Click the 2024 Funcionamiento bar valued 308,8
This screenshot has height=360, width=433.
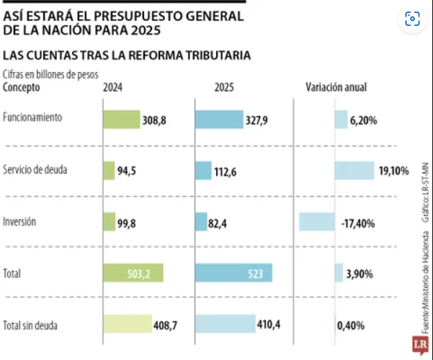click(x=121, y=120)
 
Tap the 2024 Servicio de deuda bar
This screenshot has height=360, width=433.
click(x=109, y=171)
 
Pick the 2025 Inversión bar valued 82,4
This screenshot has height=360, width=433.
click(x=201, y=222)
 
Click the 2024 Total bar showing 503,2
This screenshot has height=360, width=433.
click(x=133, y=274)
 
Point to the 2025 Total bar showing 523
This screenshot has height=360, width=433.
click(x=234, y=274)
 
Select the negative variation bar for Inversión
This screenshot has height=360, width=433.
click(x=316, y=222)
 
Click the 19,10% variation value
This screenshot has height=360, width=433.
click(x=393, y=171)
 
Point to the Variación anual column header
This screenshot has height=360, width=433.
click(x=336, y=88)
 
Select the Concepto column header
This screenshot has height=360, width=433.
click(x=22, y=88)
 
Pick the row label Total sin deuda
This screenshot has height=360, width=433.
click(x=30, y=325)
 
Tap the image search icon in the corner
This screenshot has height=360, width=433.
click(x=413, y=19)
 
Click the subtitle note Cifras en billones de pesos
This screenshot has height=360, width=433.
click(x=50, y=73)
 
